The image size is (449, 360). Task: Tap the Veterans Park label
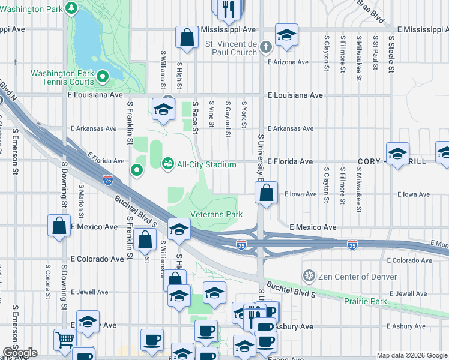[216, 214]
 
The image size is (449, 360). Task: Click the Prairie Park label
[365, 301]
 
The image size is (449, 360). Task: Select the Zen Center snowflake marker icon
[309, 276]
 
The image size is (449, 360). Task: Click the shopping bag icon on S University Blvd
[266, 193]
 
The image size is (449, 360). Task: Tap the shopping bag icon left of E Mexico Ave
[59, 227]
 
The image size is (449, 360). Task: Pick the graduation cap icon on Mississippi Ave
[286, 35]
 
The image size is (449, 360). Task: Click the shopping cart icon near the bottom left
[65, 340]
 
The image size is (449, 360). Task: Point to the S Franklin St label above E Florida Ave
[130, 123]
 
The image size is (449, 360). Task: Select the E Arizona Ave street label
[288, 62]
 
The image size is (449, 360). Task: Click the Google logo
[20, 353]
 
